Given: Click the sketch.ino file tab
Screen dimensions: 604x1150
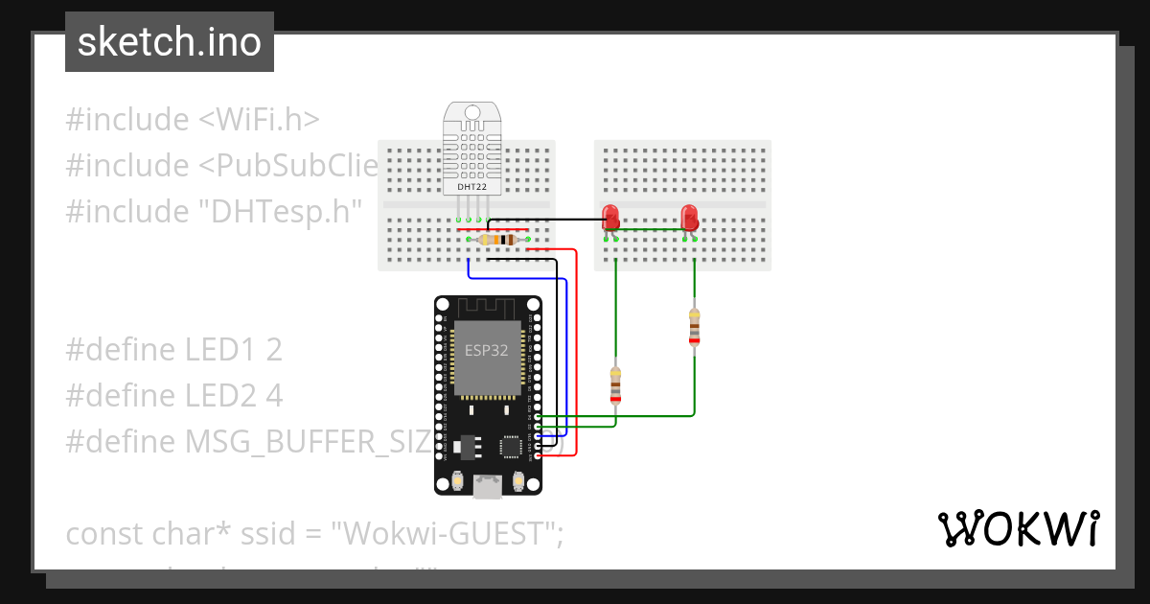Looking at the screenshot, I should tap(170, 42).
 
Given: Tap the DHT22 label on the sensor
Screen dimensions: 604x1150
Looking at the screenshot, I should tap(471, 187).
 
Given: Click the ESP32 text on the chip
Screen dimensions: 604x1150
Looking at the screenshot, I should tap(486, 350).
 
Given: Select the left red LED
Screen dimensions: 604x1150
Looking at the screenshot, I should tap(609, 217).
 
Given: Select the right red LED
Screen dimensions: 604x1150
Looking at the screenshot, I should tap(688, 217).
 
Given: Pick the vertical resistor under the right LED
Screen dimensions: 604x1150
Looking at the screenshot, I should tap(694, 326).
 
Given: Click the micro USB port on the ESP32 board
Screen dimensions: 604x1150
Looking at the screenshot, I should tap(487, 487).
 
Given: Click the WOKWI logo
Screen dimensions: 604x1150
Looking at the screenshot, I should tap(1018, 528).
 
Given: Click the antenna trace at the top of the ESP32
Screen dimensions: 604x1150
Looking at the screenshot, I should tap(486, 309).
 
